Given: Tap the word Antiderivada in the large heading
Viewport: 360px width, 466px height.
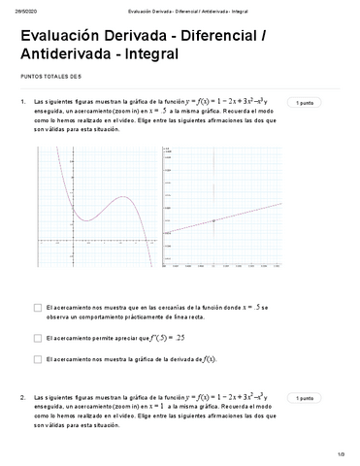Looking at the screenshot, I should pyautogui.click(x=54, y=54).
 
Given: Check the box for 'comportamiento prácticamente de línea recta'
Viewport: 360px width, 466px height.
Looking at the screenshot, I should pyautogui.click(x=37, y=308).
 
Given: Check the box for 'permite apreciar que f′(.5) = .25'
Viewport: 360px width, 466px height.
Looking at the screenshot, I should pyautogui.click(x=37, y=338).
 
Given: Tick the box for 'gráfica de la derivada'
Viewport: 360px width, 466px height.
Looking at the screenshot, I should pyautogui.click(x=37, y=359).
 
